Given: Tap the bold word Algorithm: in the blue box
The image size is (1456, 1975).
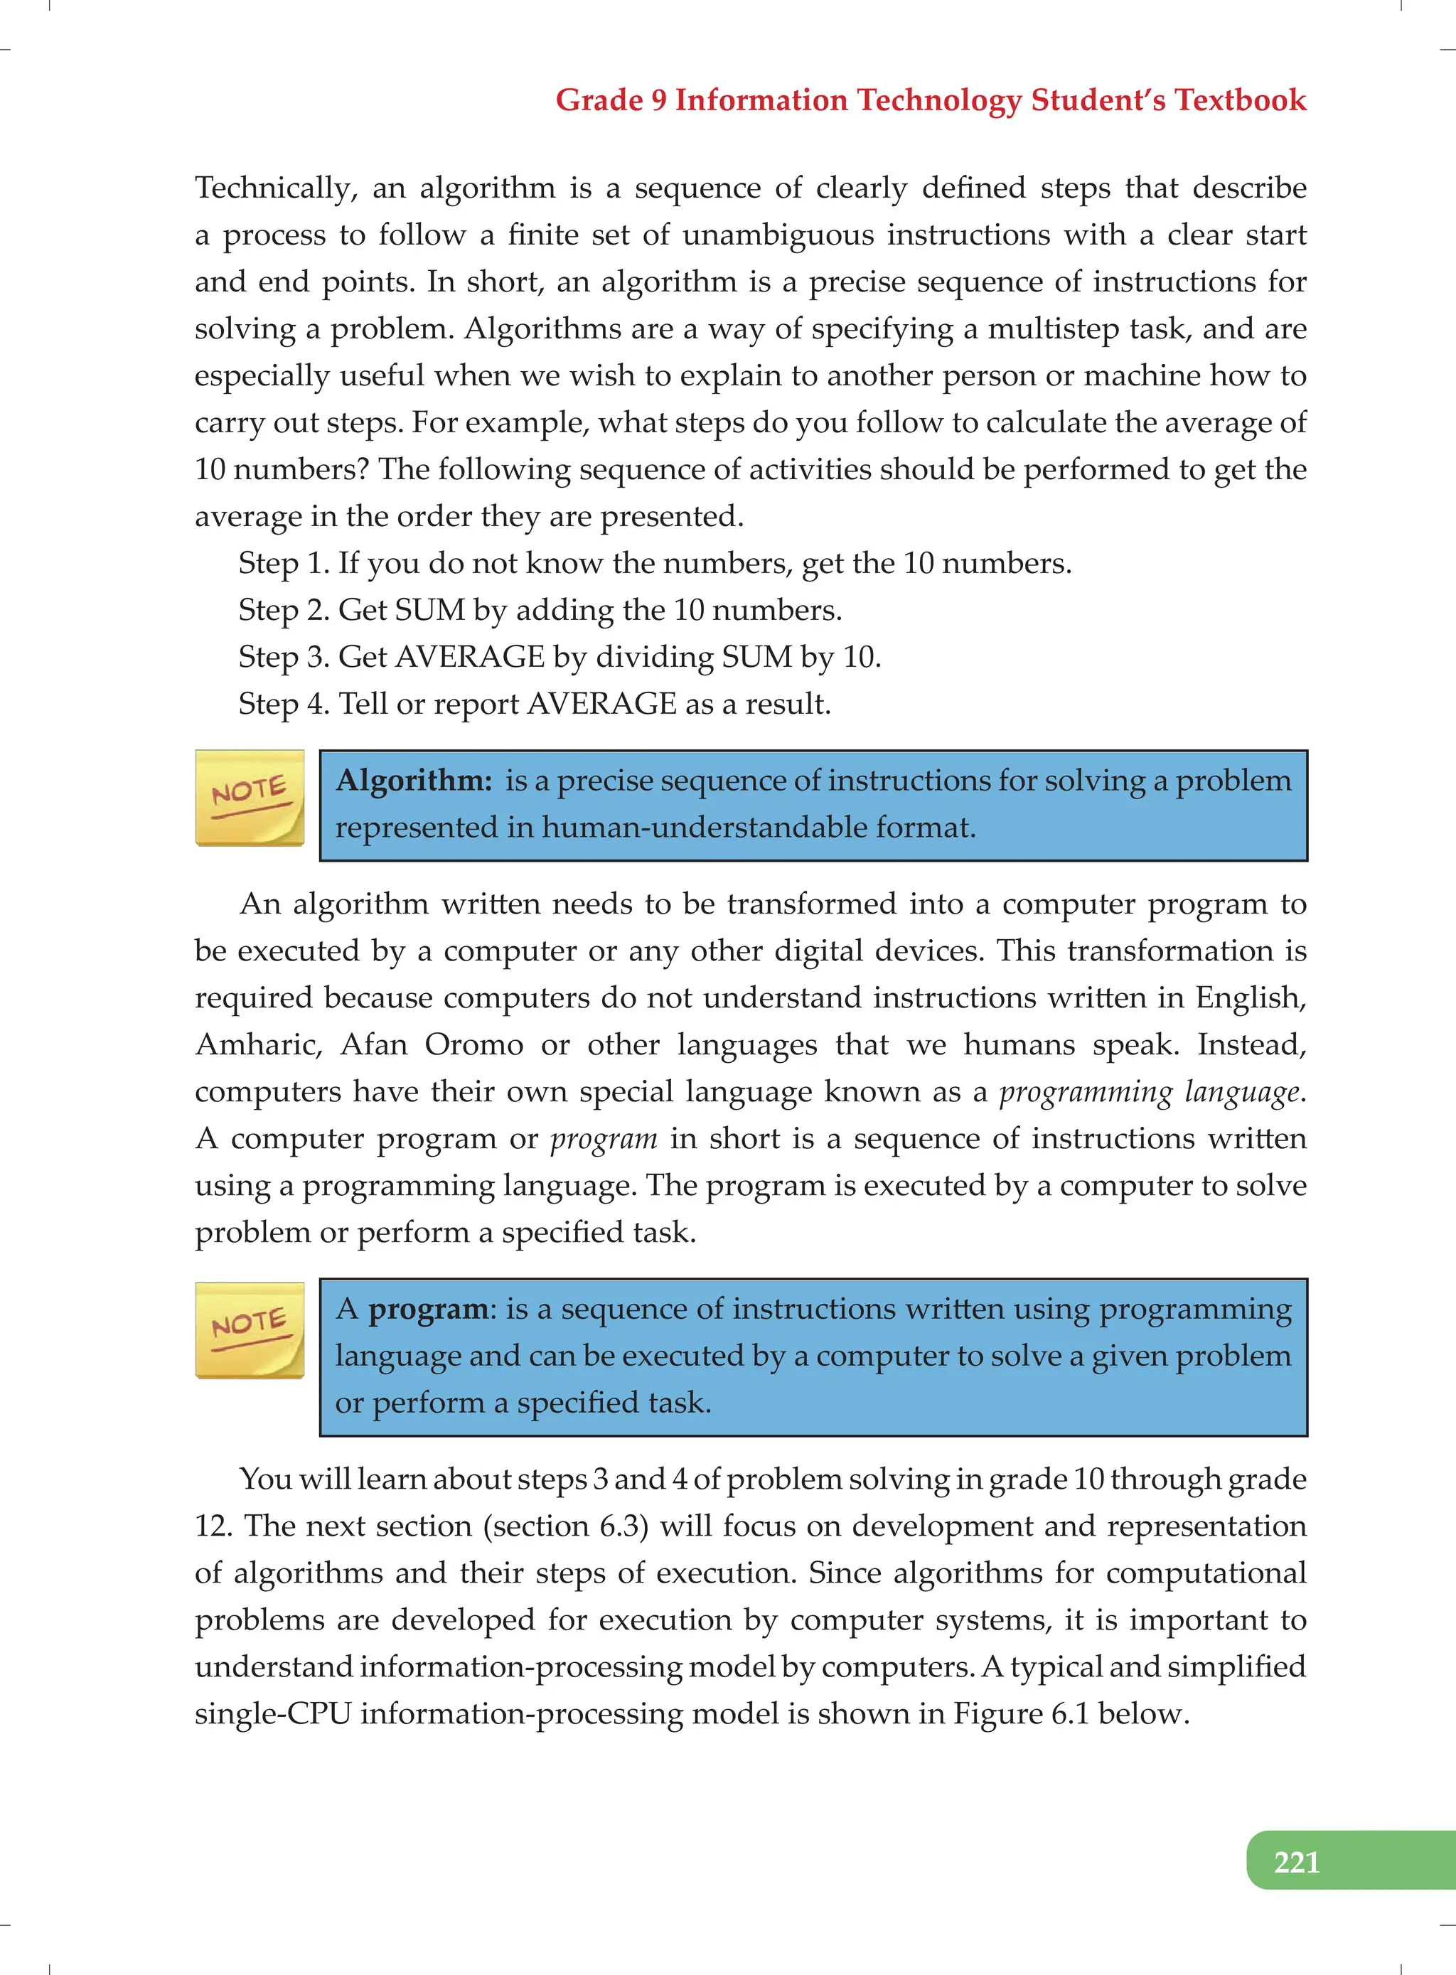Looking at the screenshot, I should coord(413,781).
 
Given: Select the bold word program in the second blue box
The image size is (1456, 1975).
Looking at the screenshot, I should coord(427,1310).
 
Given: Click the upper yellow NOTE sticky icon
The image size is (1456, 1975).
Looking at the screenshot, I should coord(250,798).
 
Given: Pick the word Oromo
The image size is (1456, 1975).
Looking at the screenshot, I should coord(474,1045).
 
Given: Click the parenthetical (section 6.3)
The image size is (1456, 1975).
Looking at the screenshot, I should coord(566,1526).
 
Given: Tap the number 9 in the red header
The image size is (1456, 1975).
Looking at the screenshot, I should coord(658,100).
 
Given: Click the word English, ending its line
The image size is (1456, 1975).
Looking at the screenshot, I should coord(1251,998).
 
